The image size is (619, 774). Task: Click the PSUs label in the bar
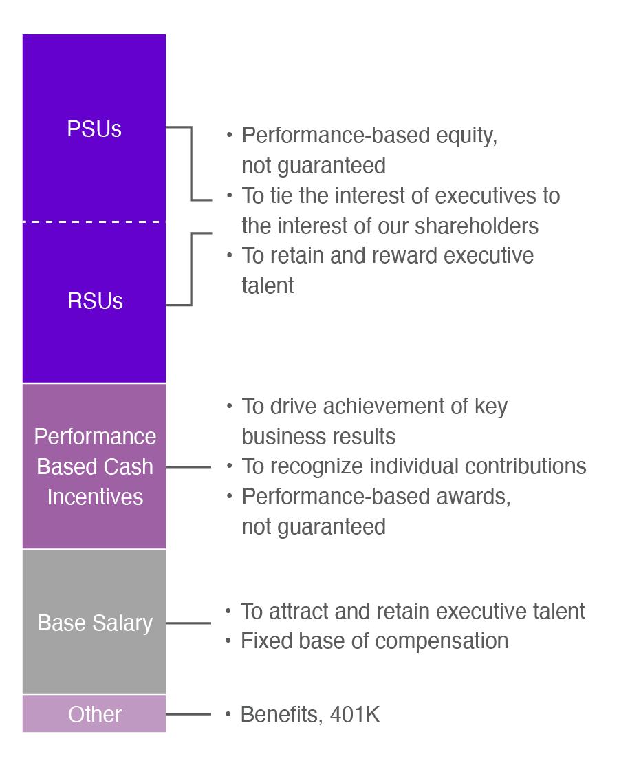pos(94,129)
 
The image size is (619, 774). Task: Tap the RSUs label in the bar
pos(95,301)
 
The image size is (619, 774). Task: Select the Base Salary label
pos(95,623)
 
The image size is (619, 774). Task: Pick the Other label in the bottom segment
pos(95,714)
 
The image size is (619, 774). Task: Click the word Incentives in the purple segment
pos(95,497)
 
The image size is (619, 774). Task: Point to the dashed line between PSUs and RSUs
pos(94,222)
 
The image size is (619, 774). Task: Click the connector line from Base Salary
pos(188,623)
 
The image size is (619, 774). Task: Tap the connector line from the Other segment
pos(188,714)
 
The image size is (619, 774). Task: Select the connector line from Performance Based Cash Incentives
pos(188,466)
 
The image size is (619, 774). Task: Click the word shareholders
pos(477,226)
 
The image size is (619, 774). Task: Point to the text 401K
pos(355,715)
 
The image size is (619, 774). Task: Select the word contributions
pos(525,466)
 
